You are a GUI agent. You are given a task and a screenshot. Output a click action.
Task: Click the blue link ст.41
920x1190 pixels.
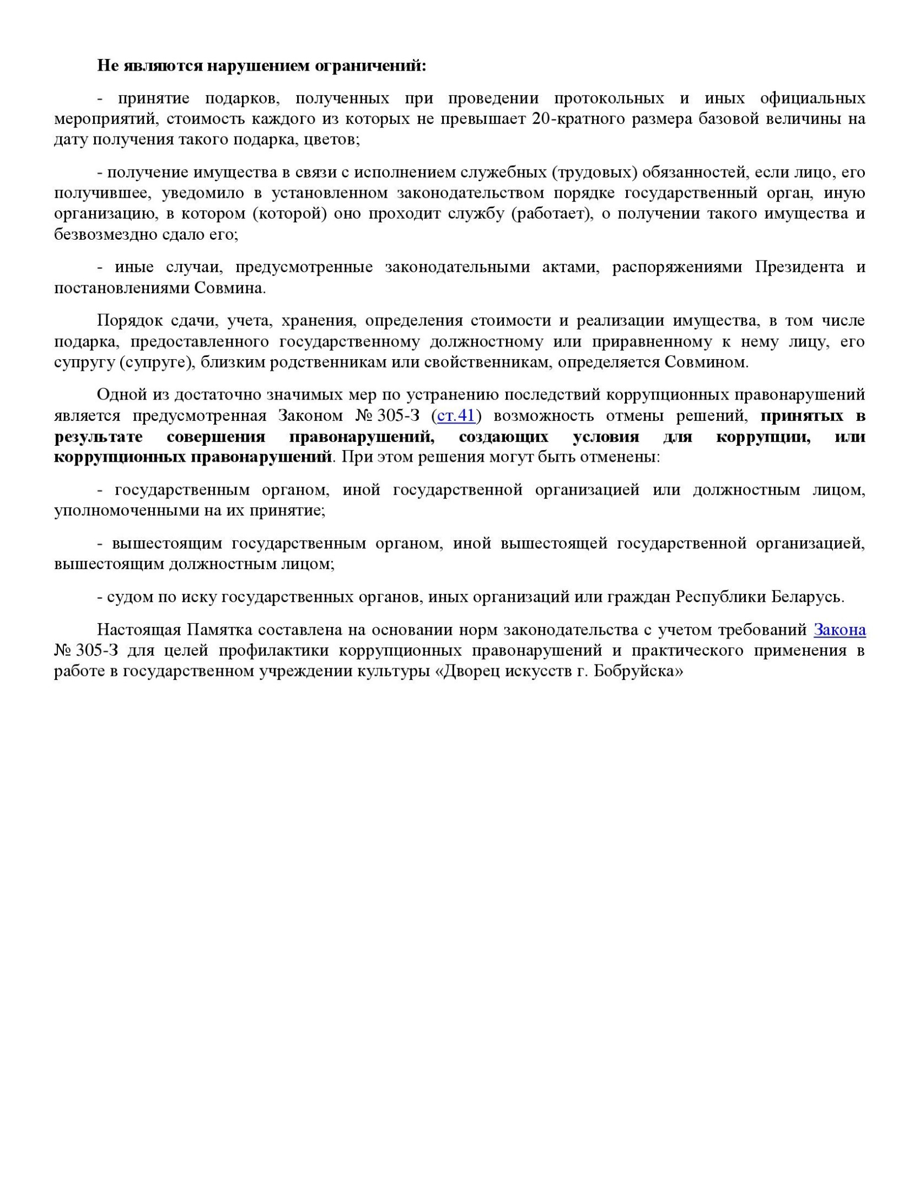(455, 416)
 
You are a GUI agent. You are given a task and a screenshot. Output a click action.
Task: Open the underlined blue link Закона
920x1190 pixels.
(839, 630)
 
